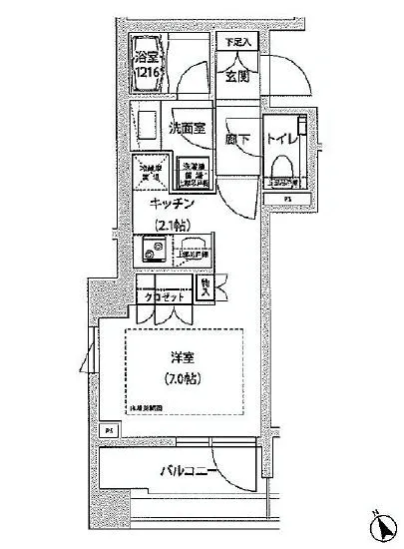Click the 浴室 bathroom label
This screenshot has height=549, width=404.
pos(148,58)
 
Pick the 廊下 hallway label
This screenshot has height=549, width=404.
pos(237,141)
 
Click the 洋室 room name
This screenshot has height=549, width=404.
pos(180,358)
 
